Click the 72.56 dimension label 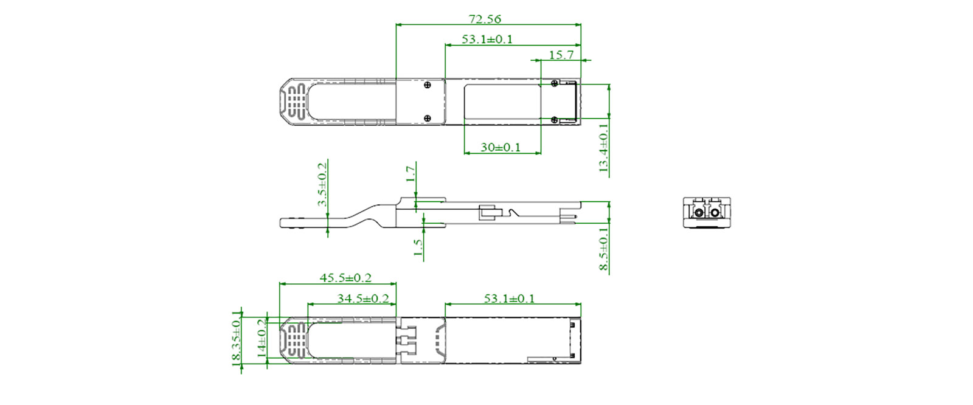coord(485,19)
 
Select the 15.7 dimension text coord(561,55)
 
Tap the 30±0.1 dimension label coord(500,147)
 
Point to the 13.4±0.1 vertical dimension coord(603,148)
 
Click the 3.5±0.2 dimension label coord(322,184)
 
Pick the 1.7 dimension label coord(411,174)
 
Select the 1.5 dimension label coord(418,246)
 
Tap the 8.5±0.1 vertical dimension coord(603,249)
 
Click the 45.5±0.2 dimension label coord(345,277)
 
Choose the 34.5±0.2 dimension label coord(363,298)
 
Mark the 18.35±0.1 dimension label coord(237,338)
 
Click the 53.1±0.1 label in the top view coord(486,39)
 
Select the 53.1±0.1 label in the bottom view coord(509,298)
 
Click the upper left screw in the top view coord(428,85)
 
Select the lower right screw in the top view coord(554,120)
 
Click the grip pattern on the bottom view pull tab coord(296,341)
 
